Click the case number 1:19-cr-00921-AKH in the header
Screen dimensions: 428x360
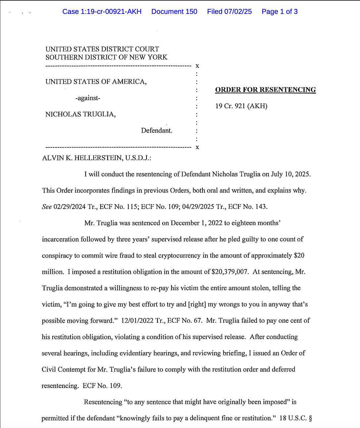(x=102, y=12)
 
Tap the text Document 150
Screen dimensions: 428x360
(x=174, y=12)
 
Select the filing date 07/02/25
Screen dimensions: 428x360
(x=238, y=12)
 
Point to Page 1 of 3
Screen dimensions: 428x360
(x=279, y=12)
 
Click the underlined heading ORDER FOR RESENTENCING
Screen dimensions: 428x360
(x=265, y=90)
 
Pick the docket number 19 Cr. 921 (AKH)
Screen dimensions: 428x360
(x=241, y=106)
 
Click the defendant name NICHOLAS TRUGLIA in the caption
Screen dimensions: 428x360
(x=80, y=114)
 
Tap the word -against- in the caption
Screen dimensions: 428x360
(x=88, y=98)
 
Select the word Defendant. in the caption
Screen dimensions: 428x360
(x=157, y=131)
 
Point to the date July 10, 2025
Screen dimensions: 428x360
(x=291, y=174)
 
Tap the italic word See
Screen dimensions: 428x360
(x=47, y=207)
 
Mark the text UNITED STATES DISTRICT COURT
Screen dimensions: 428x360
(x=102, y=49)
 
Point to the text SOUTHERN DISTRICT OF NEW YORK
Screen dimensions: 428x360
(x=106, y=57)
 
